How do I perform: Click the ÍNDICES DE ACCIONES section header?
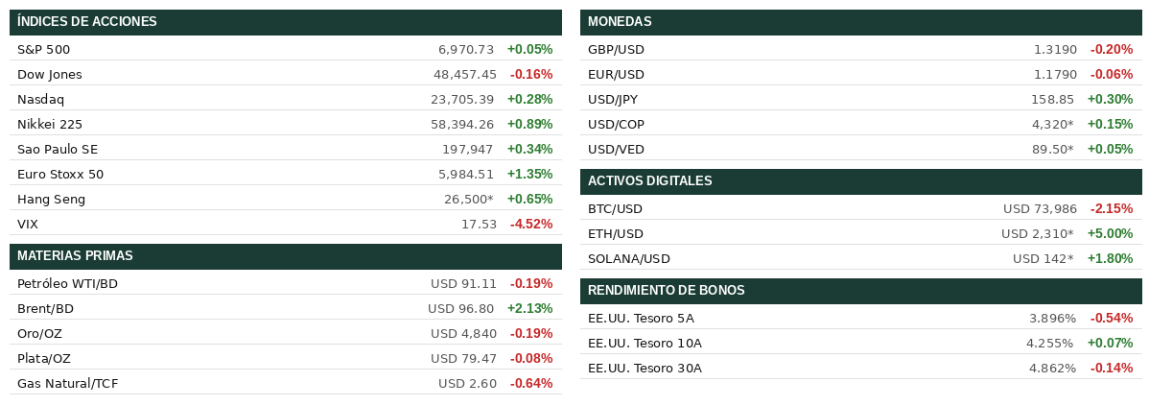click(87, 22)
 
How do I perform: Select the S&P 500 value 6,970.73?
click(466, 49)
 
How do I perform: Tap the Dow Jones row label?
click(50, 74)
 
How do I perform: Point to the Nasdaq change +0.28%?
click(529, 99)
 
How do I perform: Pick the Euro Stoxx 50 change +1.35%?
click(529, 174)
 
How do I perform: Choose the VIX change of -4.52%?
click(531, 224)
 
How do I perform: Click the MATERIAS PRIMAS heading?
click(75, 256)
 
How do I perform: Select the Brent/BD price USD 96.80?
click(460, 308)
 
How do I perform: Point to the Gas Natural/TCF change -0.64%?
click(531, 383)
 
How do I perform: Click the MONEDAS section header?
click(620, 22)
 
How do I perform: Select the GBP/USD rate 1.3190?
click(1055, 49)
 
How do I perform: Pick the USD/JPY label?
click(613, 99)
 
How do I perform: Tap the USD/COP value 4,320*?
click(1052, 124)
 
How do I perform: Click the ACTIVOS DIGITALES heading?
click(649, 181)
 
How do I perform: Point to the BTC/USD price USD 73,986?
click(1040, 208)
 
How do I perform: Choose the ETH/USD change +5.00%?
click(1110, 233)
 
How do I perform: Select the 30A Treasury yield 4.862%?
click(1052, 368)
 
